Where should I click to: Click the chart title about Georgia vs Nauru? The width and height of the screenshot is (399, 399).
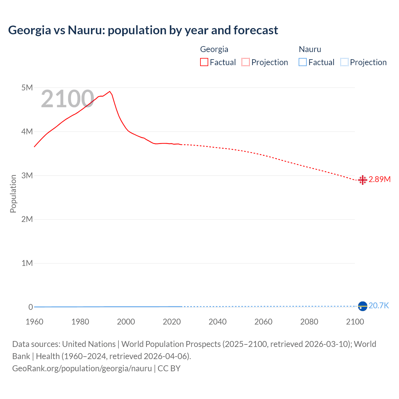(x=143, y=30)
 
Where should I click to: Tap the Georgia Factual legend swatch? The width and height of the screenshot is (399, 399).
(x=204, y=62)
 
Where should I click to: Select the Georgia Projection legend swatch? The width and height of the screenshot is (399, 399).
(x=246, y=62)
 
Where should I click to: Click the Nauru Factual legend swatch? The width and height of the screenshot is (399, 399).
(x=303, y=62)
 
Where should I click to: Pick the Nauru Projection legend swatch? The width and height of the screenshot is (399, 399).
(x=344, y=62)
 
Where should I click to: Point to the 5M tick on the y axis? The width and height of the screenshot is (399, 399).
(x=27, y=88)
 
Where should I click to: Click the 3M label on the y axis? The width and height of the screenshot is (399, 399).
(x=27, y=175)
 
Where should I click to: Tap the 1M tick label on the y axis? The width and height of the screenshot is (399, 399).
(x=27, y=263)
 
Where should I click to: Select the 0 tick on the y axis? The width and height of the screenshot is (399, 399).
(x=31, y=307)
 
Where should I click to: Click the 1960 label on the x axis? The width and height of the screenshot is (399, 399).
(x=34, y=322)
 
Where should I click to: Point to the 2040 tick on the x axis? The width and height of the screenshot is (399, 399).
(x=218, y=322)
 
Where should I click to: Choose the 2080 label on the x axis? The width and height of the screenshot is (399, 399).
(x=309, y=322)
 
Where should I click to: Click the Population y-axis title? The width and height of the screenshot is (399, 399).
(x=13, y=194)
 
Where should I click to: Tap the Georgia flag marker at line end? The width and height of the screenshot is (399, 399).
(x=363, y=180)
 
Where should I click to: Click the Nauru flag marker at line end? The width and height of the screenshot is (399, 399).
(x=363, y=306)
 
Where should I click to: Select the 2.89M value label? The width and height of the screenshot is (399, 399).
(x=380, y=180)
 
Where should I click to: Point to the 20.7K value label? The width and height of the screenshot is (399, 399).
(x=379, y=305)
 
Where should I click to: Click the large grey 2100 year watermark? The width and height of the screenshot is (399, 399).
(x=67, y=99)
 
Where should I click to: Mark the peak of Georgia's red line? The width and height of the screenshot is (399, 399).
(x=110, y=91)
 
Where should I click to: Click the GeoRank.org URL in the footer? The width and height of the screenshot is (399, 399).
(x=82, y=368)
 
